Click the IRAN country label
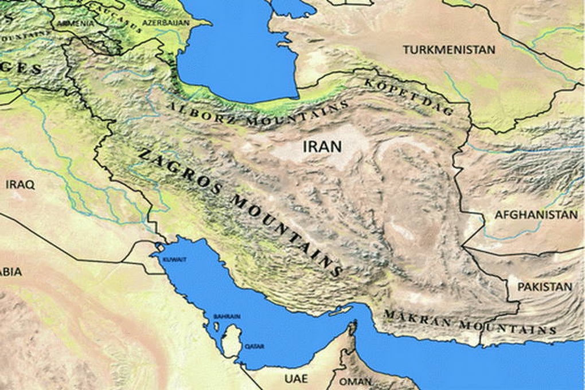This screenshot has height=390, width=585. (322, 146)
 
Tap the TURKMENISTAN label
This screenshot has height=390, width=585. (448, 50)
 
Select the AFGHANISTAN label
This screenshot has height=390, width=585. (536, 215)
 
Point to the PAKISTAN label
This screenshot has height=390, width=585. (544, 287)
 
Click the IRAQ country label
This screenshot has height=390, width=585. (20, 185)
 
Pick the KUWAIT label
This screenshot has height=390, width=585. (174, 260)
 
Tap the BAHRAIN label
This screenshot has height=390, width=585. (227, 316)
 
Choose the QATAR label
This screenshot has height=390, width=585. (254, 346)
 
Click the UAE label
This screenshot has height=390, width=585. (296, 379)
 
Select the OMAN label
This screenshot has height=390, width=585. (355, 381)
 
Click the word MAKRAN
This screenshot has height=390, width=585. (417, 318)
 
